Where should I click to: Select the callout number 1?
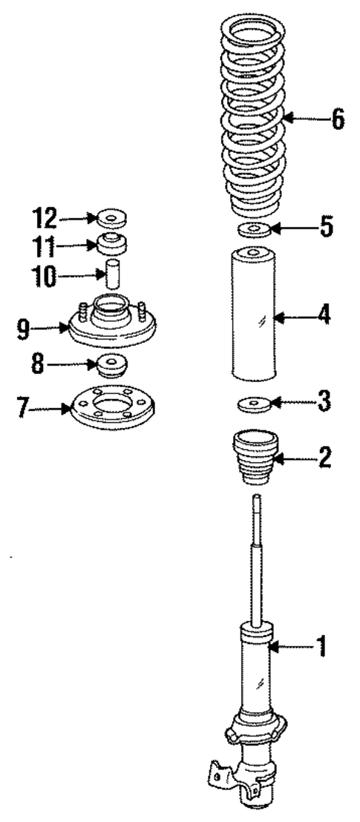tap(321, 648)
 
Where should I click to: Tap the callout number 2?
tap(323, 456)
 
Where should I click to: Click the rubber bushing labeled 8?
tap(111, 366)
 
